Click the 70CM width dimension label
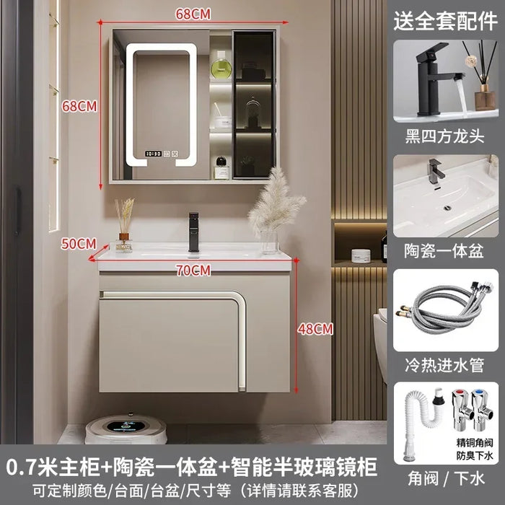193,271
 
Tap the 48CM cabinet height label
315,329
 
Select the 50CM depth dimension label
79,244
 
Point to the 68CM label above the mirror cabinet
193,14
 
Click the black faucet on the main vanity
194,232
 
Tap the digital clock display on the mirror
153,154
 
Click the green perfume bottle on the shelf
221,66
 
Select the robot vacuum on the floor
126,428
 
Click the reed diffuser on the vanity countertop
124,225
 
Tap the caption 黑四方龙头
445,136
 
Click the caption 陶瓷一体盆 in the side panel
444,251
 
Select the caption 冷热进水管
444,365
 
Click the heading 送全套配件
445,21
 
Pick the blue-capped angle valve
481,410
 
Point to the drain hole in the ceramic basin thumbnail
447,208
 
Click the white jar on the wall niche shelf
359,255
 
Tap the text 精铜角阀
475,442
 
